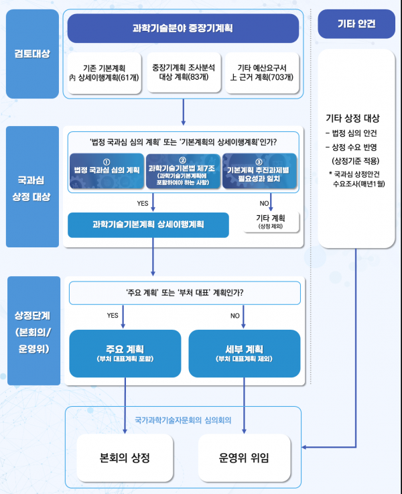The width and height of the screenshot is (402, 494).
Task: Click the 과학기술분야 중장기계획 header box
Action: (182, 29)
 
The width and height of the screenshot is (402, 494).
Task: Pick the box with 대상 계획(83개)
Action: (183, 72)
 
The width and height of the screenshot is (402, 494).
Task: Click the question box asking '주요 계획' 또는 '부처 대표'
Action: (184, 293)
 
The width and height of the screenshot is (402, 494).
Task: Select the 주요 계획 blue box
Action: (125, 353)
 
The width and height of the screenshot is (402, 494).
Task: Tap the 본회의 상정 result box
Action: (125, 458)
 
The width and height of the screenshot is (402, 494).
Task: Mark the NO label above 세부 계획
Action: (235, 315)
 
